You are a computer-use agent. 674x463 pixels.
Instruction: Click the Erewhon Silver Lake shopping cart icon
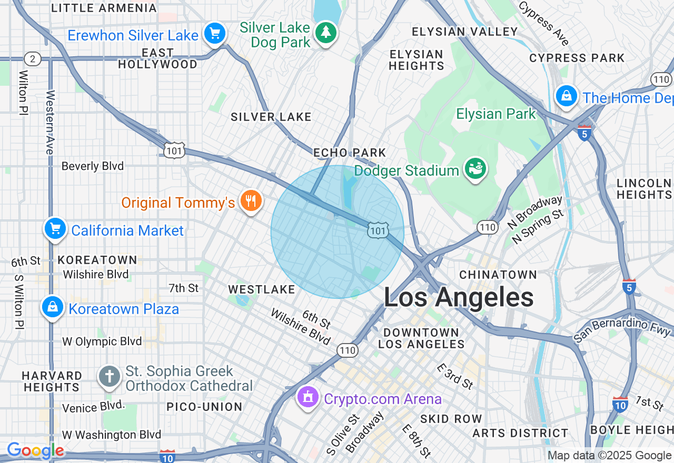click(x=214, y=34)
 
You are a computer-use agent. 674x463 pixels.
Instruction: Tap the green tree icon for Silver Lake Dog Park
click(x=325, y=33)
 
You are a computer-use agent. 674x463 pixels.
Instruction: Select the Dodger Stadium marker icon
click(x=475, y=169)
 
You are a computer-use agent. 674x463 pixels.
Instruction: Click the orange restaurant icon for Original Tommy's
click(x=251, y=200)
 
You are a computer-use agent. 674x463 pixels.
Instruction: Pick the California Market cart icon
click(x=55, y=229)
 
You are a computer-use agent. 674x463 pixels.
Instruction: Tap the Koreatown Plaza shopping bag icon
click(x=53, y=307)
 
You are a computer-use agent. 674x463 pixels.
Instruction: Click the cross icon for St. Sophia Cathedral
click(x=110, y=377)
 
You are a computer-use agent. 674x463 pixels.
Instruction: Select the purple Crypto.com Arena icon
click(x=308, y=397)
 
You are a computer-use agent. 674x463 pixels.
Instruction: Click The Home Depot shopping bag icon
click(x=566, y=96)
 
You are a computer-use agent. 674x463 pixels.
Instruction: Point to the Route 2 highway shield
click(x=33, y=58)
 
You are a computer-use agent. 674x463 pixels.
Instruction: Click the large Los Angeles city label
click(x=458, y=298)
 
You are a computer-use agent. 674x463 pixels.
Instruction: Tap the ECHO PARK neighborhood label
click(x=350, y=153)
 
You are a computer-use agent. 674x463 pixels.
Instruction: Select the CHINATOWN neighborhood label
click(x=498, y=275)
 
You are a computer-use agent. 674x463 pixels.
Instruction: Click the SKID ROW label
click(x=451, y=419)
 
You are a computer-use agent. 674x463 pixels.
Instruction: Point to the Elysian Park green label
click(x=495, y=114)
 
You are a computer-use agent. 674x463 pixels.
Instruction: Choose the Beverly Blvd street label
click(x=93, y=166)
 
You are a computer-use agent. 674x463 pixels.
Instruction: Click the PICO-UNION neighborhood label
click(x=204, y=407)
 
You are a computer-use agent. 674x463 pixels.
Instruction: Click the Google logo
click(x=35, y=451)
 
